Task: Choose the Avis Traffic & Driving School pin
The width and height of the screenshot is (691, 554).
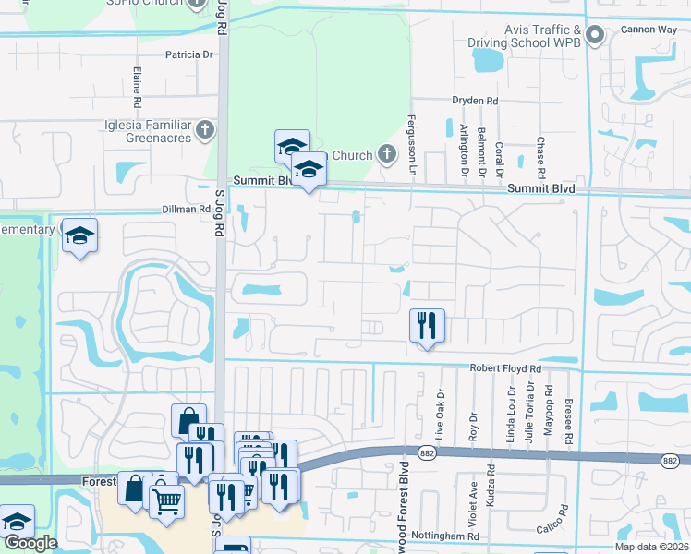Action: tap(595, 37)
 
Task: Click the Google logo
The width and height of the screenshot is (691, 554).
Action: tap(30, 543)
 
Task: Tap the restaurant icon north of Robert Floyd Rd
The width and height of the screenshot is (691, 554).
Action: tap(427, 325)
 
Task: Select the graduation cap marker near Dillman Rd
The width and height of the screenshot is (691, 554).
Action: tap(80, 235)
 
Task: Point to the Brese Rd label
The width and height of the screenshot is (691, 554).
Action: tap(569, 426)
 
